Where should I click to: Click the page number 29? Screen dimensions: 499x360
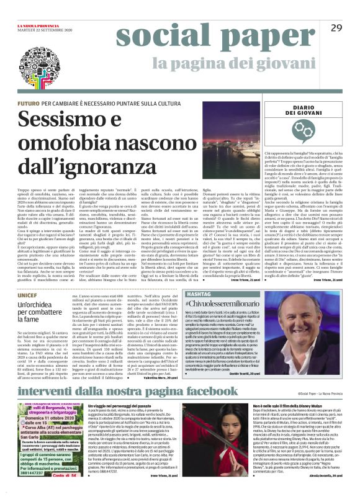click(336, 28)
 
